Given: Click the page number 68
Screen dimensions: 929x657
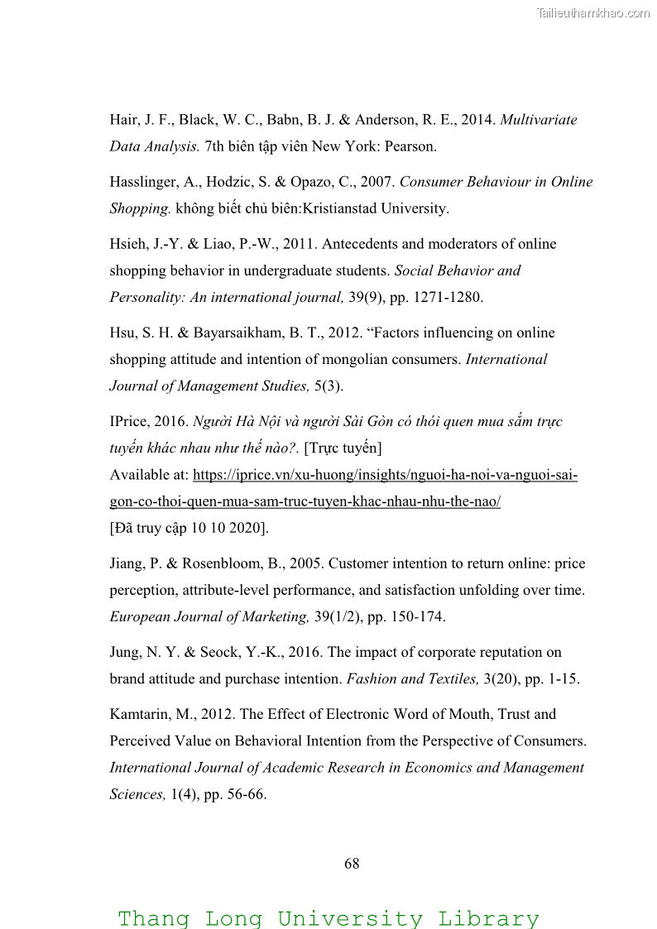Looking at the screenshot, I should (352, 864).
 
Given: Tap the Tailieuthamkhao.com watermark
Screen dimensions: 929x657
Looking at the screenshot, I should (593, 12).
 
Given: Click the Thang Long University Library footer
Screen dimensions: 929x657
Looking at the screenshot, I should (328, 918).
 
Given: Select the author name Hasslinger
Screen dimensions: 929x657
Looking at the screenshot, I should (143, 182).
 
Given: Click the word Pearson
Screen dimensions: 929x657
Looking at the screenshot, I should (410, 146).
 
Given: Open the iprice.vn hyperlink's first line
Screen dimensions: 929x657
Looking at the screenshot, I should (385, 475).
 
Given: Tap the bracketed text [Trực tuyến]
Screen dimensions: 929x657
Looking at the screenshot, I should (343, 448).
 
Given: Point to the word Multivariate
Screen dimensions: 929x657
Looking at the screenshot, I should (539, 120).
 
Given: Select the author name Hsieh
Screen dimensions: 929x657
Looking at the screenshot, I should (127, 244).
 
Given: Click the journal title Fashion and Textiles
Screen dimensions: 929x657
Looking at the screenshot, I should (411, 679).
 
